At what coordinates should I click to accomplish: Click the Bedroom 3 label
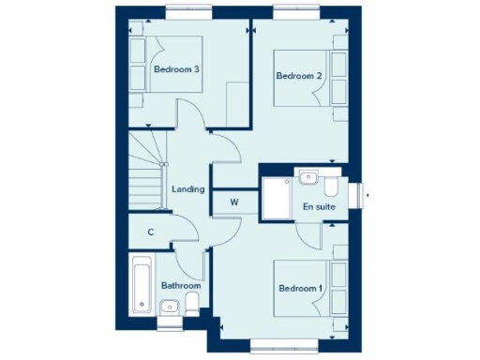pos(177,69)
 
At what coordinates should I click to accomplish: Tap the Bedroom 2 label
pos(299,76)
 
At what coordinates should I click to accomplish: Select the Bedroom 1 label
pos(300,288)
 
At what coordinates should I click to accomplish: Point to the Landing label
pos(188,189)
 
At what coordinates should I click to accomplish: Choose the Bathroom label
pos(180,284)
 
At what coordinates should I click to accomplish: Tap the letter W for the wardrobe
pos(234,202)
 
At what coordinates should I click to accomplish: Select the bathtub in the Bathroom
pos(142,284)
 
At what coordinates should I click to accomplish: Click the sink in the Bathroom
pos(170,305)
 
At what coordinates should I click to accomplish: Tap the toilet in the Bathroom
pos(192,302)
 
